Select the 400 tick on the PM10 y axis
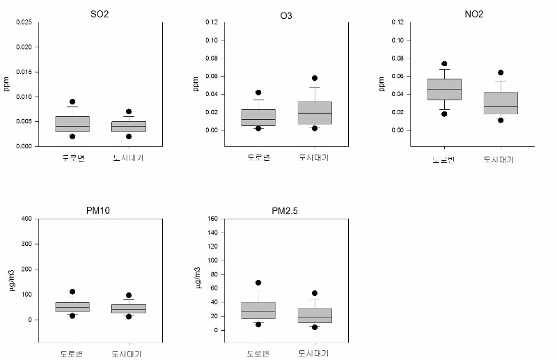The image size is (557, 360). click(26, 219)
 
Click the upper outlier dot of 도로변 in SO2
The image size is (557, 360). click(72, 102)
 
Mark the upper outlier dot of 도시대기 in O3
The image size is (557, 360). click(314, 78)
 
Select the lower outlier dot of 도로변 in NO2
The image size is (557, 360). click(444, 114)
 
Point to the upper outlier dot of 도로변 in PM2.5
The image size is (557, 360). click(258, 283)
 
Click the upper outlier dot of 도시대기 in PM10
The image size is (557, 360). click(129, 296)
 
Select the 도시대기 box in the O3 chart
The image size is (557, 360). click(314, 112)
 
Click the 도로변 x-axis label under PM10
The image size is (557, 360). click(72, 354)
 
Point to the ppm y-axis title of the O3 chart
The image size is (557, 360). click(196, 84)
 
